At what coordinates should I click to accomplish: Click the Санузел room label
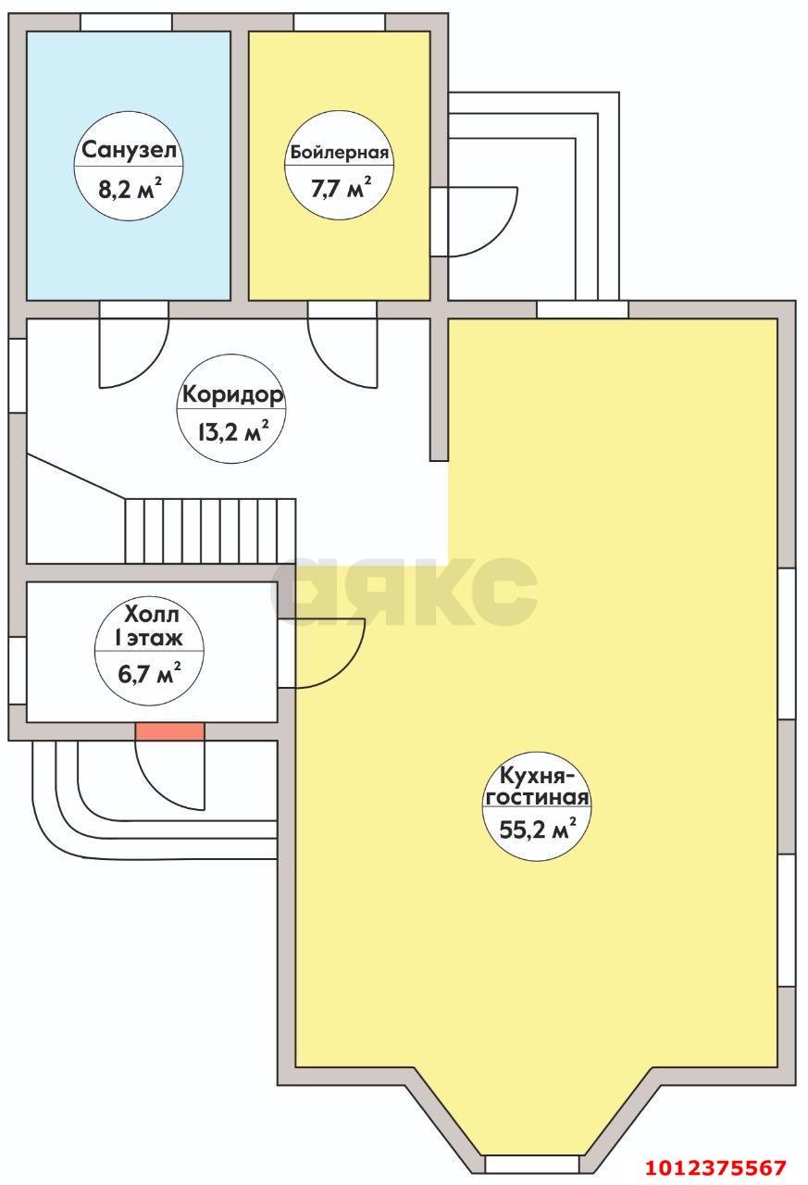point(129,150)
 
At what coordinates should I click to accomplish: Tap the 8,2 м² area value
point(129,190)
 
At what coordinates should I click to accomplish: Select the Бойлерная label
point(340,154)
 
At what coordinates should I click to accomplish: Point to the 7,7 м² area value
point(341,190)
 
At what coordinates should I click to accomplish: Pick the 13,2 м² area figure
point(232,430)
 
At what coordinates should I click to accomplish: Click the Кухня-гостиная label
point(537,787)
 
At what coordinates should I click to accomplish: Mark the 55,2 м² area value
point(537,829)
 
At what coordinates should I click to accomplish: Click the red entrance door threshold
point(169,731)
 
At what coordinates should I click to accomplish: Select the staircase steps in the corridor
point(210,530)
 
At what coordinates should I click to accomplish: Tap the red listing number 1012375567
point(716,1166)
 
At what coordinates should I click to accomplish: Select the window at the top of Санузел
point(126,22)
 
